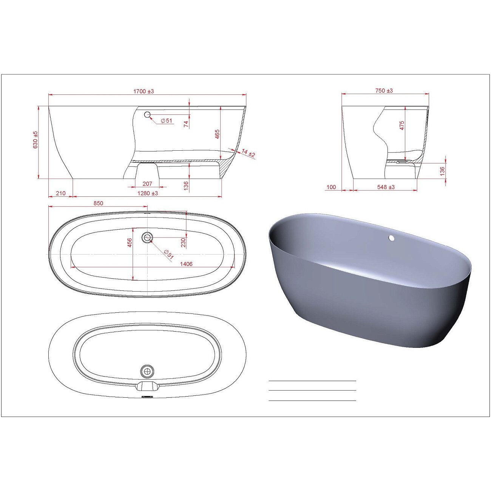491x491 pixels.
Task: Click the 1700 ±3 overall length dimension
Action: [x=144, y=91]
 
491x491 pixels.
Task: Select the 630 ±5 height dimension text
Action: [x=36, y=140]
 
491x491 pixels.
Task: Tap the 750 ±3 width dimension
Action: [x=384, y=90]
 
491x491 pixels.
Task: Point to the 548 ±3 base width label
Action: [x=386, y=187]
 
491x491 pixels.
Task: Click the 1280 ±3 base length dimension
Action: [x=148, y=193]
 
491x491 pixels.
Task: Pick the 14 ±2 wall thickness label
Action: [x=248, y=153]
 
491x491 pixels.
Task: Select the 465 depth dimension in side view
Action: [x=217, y=134]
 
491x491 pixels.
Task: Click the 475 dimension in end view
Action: [x=402, y=125]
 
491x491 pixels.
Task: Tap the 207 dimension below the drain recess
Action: [x=147, y=184]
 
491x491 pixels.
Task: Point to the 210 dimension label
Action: [x=61, y=193]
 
